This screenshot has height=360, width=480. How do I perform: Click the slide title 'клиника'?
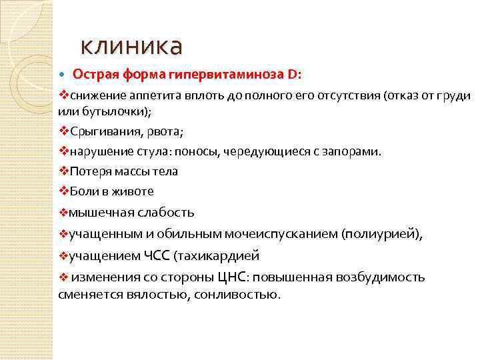[131, 47]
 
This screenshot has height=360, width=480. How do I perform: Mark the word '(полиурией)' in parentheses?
[381, 234]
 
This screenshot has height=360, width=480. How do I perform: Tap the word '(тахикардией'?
[216, 255]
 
